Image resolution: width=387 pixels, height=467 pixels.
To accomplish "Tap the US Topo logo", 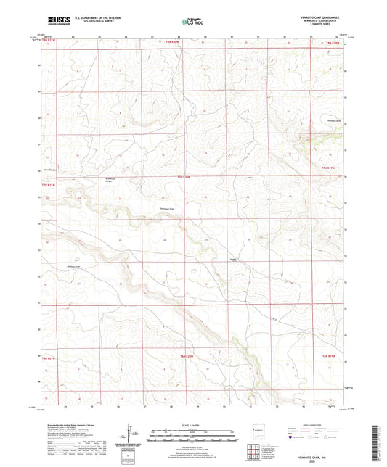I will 192,22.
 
